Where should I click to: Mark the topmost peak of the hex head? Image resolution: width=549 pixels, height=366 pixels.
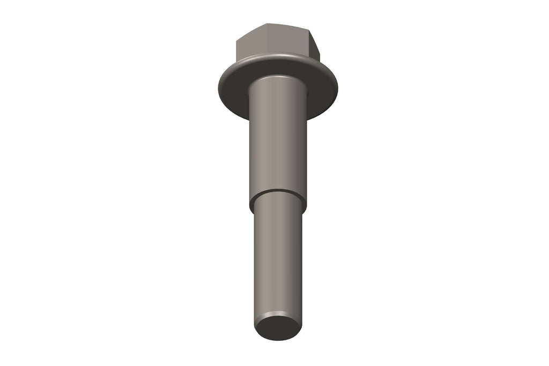268,24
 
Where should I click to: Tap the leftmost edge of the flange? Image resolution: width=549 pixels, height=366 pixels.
218,89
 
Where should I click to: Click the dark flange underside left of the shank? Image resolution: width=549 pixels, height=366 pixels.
233,94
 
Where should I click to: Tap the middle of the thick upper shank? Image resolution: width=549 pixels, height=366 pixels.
278,139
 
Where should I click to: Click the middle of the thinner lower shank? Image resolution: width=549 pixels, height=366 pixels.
278,257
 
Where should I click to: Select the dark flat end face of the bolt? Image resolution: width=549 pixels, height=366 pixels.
278,327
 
